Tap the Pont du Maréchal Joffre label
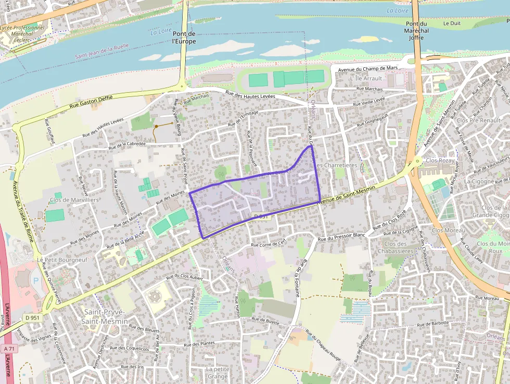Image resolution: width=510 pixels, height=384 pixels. click(x=416, y=31)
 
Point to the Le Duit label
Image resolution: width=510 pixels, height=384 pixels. click(x=452, y=23)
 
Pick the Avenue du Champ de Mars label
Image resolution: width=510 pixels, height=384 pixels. click(x=367, y=69)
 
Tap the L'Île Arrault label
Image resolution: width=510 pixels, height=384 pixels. click(x=366, y=78)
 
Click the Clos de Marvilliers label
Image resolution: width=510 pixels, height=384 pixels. click(x=74, y=200)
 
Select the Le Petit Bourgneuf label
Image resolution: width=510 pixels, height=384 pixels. click(x=55, y=259)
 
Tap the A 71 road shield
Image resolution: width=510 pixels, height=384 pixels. click(x=8, y=348)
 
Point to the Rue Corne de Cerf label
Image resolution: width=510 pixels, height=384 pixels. click(x=269, y=243)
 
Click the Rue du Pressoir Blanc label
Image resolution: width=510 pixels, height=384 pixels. click(x=342, y=236)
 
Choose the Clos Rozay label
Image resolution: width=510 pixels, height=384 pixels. click(x=440, y=160)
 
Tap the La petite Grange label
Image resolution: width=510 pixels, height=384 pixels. click(x=218, y=373)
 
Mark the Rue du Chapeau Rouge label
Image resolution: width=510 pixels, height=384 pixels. click(x=323, y=344)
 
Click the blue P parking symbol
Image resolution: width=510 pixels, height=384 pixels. click(x=36, y=280)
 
